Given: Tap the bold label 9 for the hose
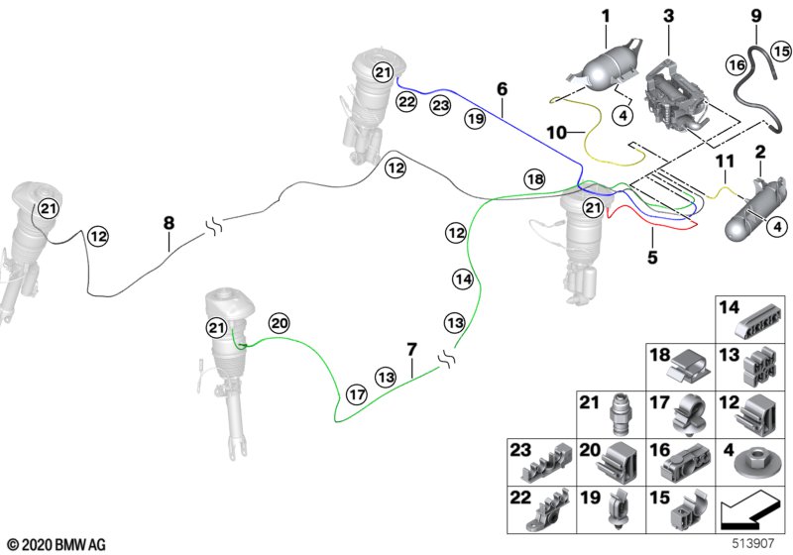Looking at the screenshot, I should pyautogui.click(x=755, y=15).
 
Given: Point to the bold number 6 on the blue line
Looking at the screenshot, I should pyautogui.click(x=502, y=89).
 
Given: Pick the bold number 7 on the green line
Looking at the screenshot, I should pyautogui.click(x=412, y=348).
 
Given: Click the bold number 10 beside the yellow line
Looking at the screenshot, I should pyautogui.click(x=552, y=131).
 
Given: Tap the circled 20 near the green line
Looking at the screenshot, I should pyautogui.click(x=279, y=322).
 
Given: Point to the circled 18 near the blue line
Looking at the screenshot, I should pyautogui.click(x=534, y=178).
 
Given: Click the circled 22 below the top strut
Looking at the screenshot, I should pyautogui.click(x=406, y=101).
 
